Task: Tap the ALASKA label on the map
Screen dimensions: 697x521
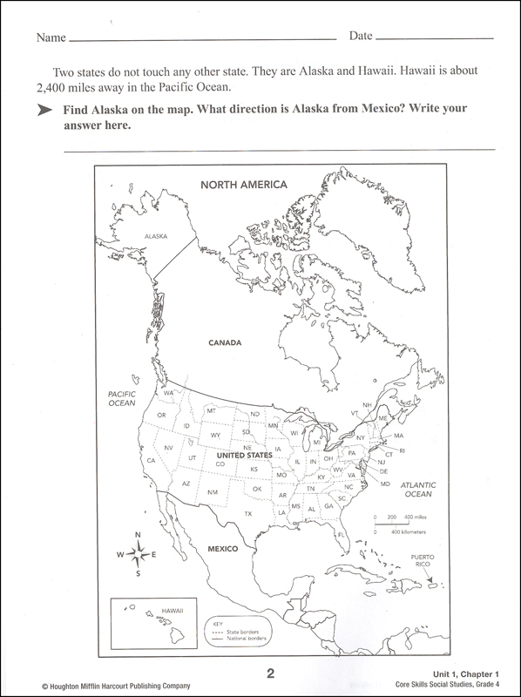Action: (156, 236)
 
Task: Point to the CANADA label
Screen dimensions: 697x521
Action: (224, 343)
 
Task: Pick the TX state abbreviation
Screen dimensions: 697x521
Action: (248, 514)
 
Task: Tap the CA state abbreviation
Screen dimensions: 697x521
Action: (151, 460)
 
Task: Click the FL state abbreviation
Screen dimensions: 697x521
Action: (342, 531)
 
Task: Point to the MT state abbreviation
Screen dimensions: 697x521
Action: (210, 410)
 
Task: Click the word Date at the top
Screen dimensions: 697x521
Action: (362, 37)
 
